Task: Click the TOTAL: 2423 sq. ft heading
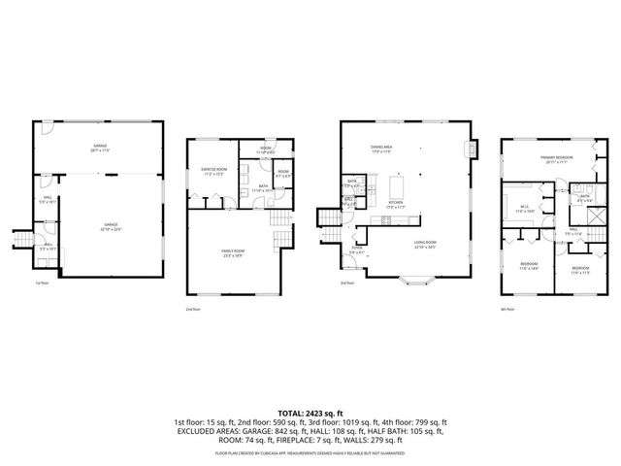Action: click(310, 413)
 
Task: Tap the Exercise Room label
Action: click(213, 172)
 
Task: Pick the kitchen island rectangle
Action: click(398, 183)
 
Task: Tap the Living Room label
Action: click(425, 245)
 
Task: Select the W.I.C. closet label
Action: click(522, 205)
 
